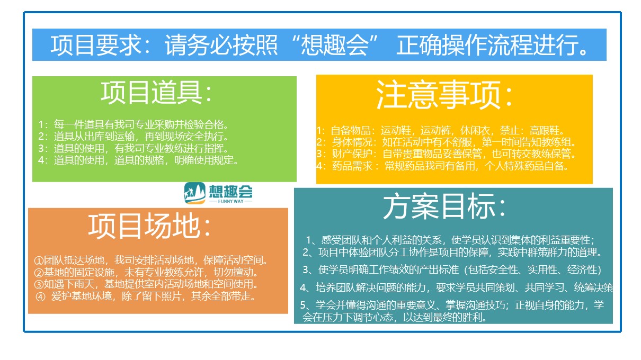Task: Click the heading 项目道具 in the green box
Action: coord(152,92)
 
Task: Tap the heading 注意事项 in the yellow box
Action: coord(438,94)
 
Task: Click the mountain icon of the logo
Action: coord(194,193)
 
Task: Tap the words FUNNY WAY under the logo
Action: coord(230,201)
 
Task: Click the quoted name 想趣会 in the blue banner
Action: coord(334,45)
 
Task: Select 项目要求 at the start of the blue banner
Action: coord(95,45)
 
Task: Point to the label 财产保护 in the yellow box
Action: coord(352,154)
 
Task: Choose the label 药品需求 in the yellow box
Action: coord(352,166)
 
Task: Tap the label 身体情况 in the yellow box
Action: coord(352,142)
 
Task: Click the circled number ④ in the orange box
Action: coord(40,297)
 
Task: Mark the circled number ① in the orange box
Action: coord(39,260)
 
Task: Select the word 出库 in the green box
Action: coord(94,137)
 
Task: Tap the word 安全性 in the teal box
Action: coord(503,270)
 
